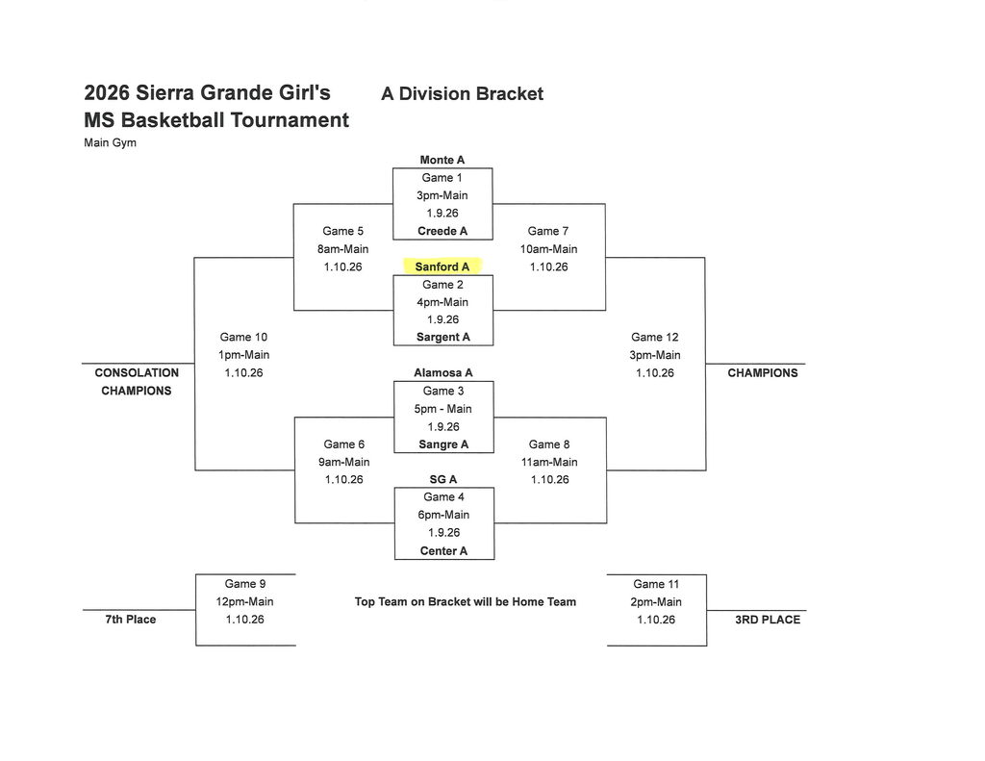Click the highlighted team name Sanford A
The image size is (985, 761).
(442, 266)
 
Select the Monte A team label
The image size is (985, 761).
(442, 160)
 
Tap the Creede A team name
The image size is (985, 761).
(442, 231)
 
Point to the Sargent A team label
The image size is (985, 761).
(443, 337)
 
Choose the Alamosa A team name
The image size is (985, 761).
(443, 372)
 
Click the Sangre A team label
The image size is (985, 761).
(443, 444)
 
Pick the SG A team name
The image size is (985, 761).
(443, 479)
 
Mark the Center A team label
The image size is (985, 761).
(443, 551)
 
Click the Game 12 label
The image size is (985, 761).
(654, 337)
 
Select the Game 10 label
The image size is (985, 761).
(243, 337)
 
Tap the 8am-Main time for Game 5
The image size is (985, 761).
(343, 249)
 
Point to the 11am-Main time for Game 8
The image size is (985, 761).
(549, 462)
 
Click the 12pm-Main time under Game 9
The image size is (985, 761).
(244, 601)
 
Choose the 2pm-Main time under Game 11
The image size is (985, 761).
(656, 601)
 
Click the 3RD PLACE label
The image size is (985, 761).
(767, 620)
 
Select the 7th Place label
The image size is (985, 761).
(130, 620)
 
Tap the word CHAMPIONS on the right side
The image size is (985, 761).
(763, 372)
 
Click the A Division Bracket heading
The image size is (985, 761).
(462, 93)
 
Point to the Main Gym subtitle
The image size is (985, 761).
(111, 143)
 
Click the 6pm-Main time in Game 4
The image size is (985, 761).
(443, 515)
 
